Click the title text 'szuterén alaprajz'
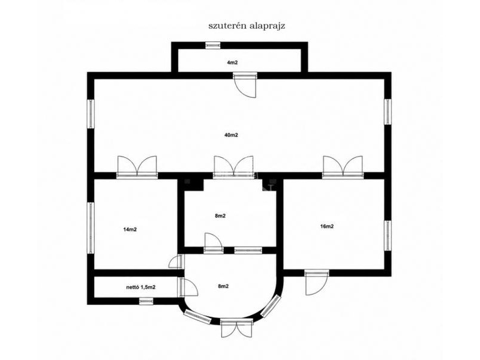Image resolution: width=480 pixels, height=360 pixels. coord(247,26)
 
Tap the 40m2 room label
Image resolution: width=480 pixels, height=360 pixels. coord(232,135)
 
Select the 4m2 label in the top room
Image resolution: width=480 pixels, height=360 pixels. coord(232,63)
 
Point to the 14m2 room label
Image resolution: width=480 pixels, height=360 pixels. coord(130,229)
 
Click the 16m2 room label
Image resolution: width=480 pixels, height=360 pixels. coord(327,227)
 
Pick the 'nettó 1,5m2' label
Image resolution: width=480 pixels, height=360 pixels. coord(141,287)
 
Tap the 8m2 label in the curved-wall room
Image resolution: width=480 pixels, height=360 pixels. coord(223,287)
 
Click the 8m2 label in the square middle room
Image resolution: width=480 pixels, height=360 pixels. coord(220,216)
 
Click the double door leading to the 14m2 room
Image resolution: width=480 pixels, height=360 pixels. coord(137,167)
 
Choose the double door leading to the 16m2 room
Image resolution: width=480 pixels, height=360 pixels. coord(343,167)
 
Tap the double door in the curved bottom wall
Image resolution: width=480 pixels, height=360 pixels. coord(237,328)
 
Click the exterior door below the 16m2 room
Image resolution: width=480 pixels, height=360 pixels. coord(317,282)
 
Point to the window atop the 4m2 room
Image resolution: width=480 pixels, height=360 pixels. coord(213,46)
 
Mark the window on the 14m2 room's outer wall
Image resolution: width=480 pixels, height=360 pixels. coord(91,228)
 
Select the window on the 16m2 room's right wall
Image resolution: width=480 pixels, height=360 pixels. coord(388,236)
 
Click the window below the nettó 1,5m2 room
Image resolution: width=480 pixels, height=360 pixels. coord(146,301)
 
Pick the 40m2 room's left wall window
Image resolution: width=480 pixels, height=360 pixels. coord(91,113)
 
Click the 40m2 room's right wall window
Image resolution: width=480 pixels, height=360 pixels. coord(388,112)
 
